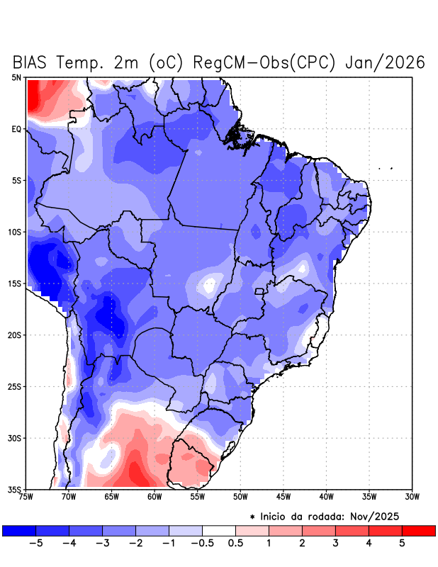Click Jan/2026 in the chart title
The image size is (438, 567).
point(384,62)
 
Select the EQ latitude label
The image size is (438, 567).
point(17,129)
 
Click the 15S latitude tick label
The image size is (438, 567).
point(16,283)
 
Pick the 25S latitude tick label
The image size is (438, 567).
point(16,386)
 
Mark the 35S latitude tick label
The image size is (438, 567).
point(16,489)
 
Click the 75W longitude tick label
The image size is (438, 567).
point(26,497)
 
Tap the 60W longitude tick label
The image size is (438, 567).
point(155,497)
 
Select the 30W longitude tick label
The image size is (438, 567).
point(412,497)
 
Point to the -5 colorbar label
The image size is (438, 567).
point(35,543)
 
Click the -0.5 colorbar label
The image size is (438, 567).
point(202,543)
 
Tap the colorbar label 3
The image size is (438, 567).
point(335,543)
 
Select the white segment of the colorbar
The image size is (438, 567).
point(218,530)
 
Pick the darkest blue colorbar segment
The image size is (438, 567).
point(19,530)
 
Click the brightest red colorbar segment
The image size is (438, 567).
point(418,530)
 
